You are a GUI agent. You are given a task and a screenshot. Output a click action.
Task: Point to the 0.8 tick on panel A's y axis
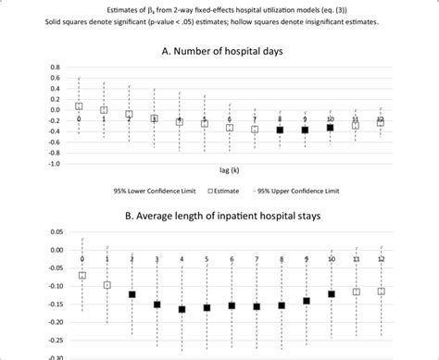56,68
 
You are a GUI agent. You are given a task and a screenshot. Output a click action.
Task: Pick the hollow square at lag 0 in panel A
80,106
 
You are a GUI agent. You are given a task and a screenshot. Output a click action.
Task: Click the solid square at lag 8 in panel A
280,130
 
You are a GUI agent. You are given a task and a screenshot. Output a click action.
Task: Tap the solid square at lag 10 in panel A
330,127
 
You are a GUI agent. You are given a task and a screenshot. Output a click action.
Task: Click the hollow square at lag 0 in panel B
82,275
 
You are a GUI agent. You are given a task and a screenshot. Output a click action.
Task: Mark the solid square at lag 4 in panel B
182,309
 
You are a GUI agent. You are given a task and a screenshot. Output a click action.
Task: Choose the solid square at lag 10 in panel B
332,294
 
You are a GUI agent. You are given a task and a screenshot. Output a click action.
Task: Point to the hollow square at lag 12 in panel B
381,291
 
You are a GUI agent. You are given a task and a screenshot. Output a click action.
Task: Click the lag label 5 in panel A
205,119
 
